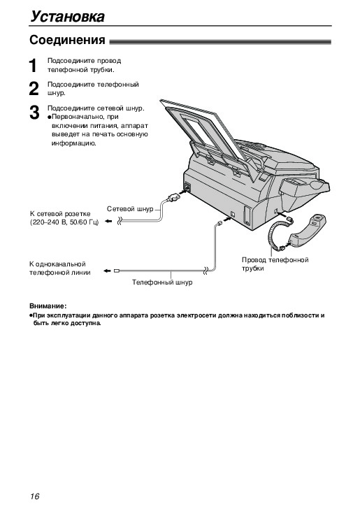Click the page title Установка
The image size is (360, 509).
67,17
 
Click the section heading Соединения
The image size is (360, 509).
67,40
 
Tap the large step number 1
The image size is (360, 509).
33,66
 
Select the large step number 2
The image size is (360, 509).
34,89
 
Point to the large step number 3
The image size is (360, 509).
34,113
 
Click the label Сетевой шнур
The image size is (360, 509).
130,209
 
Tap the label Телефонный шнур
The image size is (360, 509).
162,282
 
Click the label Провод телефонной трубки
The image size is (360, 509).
275,264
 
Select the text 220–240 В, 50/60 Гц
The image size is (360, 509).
64,222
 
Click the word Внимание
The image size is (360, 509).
48,306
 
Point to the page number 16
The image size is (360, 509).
34,496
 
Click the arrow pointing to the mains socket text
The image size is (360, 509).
109,222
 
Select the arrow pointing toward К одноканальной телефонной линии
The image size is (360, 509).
107,271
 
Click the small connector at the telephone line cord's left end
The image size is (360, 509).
117,271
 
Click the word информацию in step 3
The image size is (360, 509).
73,143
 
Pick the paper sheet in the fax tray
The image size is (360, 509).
201,126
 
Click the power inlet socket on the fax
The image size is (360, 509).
187,187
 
